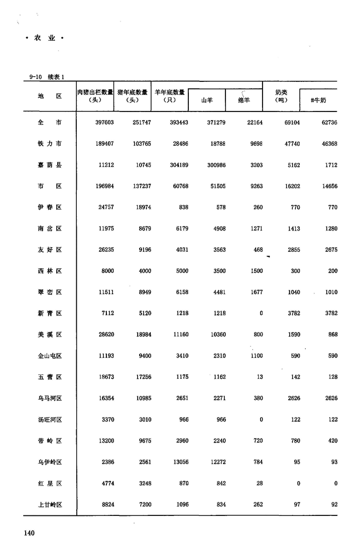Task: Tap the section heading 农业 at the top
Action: pos(45,38)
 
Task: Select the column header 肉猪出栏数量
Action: pos(95,92)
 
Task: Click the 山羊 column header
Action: pos(207,100)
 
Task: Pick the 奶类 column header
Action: pos(281,92)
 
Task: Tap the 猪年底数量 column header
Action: pos(132,92)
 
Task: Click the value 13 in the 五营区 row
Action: pos(259,377)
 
